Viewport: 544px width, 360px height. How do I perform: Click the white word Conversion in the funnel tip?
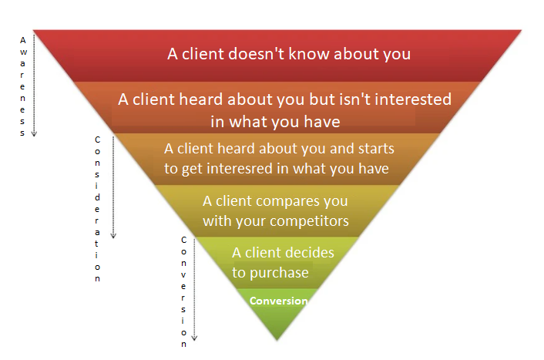click(x=278, y=301)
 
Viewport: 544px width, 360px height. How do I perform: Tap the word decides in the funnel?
click(x=311, y=253)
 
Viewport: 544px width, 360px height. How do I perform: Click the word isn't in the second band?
click(x=365, y=100)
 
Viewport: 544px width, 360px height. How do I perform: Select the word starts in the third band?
click(x=376, y=148)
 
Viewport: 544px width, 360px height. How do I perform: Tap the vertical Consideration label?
click(x=97, y=208)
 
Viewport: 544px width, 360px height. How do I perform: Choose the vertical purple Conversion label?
click(x=183, y=291)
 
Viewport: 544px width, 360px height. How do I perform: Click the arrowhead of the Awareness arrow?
click(x=34, y=133)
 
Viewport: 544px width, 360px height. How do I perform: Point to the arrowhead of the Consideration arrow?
click(x=114, y=235)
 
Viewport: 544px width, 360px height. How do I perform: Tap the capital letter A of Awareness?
click(x=22, y=39)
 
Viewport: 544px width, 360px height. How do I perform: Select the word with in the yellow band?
click(x=217, y=222)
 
